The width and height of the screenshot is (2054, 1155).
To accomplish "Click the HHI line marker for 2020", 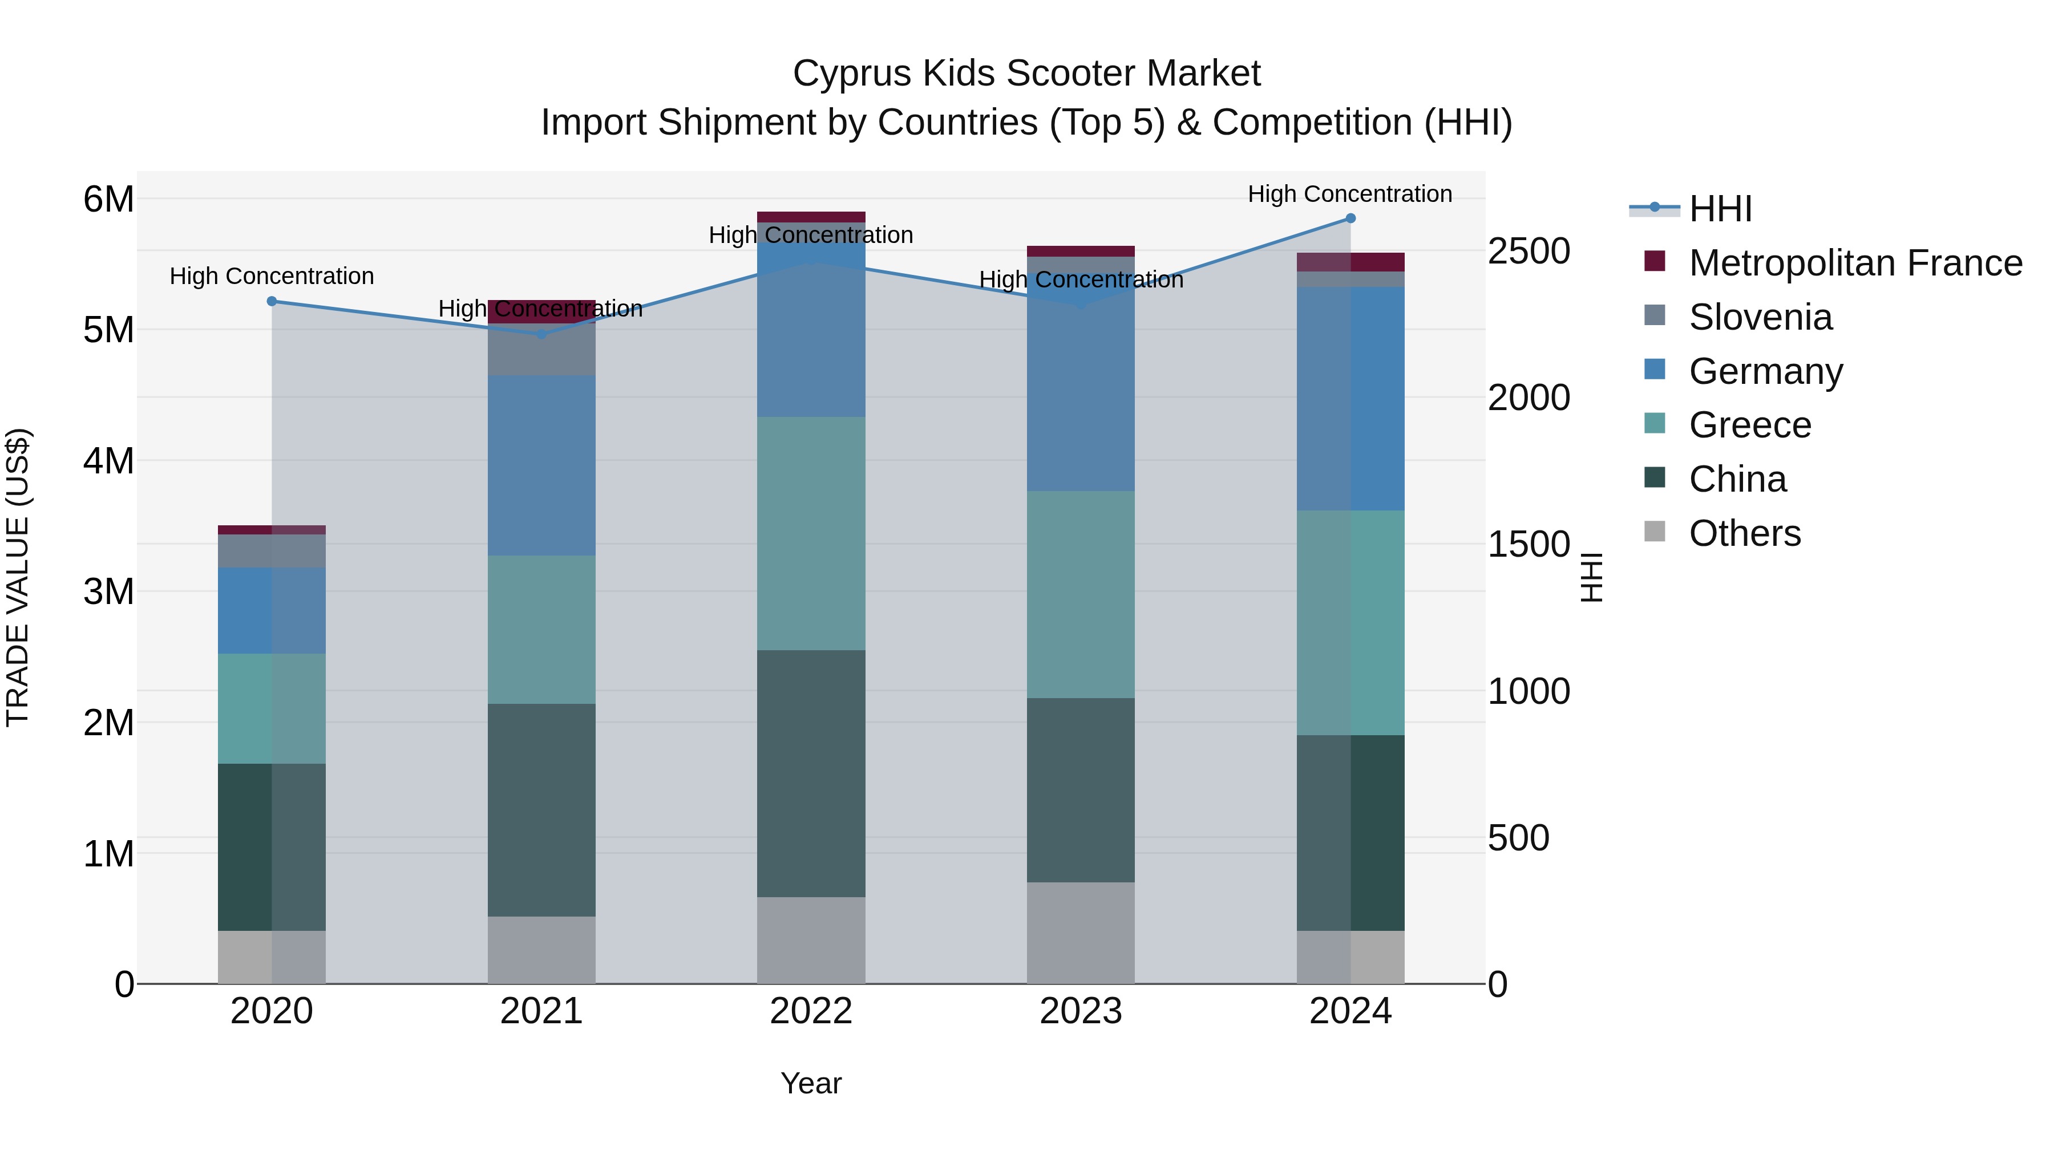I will tap(272, 301).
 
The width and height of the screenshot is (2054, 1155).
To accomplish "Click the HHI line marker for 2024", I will tap(1351, 218).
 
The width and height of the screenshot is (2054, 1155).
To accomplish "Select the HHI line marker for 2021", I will tap(541, 334).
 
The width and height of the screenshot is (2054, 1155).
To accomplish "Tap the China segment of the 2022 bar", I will tap(811, 773).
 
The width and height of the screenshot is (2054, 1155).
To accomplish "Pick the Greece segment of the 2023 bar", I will tap(1081, 595).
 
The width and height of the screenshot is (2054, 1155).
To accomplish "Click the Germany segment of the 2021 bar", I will tap(541, 465).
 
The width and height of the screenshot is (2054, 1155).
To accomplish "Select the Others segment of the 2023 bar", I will tap(1081, 933).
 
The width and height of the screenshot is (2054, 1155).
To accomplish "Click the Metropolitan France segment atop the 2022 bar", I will tap(811, 217).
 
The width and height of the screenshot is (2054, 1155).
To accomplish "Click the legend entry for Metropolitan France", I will tap(1855, 263).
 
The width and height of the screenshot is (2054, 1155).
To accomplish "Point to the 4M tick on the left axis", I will tap(108, 461).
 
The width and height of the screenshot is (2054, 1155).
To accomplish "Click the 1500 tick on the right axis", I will tap(1529, 545).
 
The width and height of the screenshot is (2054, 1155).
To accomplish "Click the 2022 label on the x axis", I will tap(811, 1011).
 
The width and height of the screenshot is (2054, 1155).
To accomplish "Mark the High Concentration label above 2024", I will tap(1349, 194).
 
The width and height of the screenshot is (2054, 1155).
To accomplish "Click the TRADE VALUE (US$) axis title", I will tap(18, 577).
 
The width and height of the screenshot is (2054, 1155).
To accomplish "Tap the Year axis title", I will tap(811, 1083).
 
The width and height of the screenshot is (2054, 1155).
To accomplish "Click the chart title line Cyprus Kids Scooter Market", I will tap(1026, 74).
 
